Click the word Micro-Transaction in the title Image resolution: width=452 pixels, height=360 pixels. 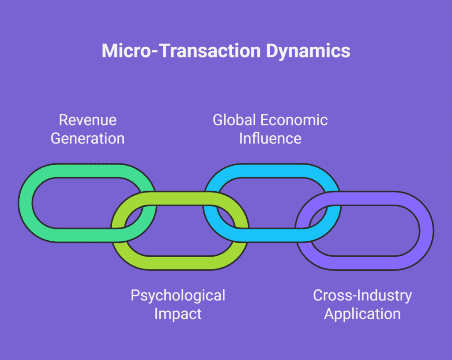tap(181, 51)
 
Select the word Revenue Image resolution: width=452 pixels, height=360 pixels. tap(88, 120)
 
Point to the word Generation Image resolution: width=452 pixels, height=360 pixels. tap(88, 138)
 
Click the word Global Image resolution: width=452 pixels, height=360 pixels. tap(234, 120)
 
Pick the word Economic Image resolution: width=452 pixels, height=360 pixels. tap(294, 120)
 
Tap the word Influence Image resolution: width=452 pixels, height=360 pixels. tap(270, 138)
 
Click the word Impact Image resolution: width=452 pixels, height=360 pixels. tap(178, 314)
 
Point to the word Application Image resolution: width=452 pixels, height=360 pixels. tap(362, 314)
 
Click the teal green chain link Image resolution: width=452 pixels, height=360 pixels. tap(25, 203)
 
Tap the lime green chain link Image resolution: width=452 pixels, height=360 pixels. tap(179, 263)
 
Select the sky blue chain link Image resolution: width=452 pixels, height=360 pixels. tap(272, 171)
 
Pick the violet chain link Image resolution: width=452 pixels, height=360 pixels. tap(427, 231)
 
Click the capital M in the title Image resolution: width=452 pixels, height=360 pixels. tap(109, 51)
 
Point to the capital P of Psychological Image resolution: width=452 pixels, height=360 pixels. tap(135, 295)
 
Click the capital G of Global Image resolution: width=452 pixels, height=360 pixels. tap(218, 120)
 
